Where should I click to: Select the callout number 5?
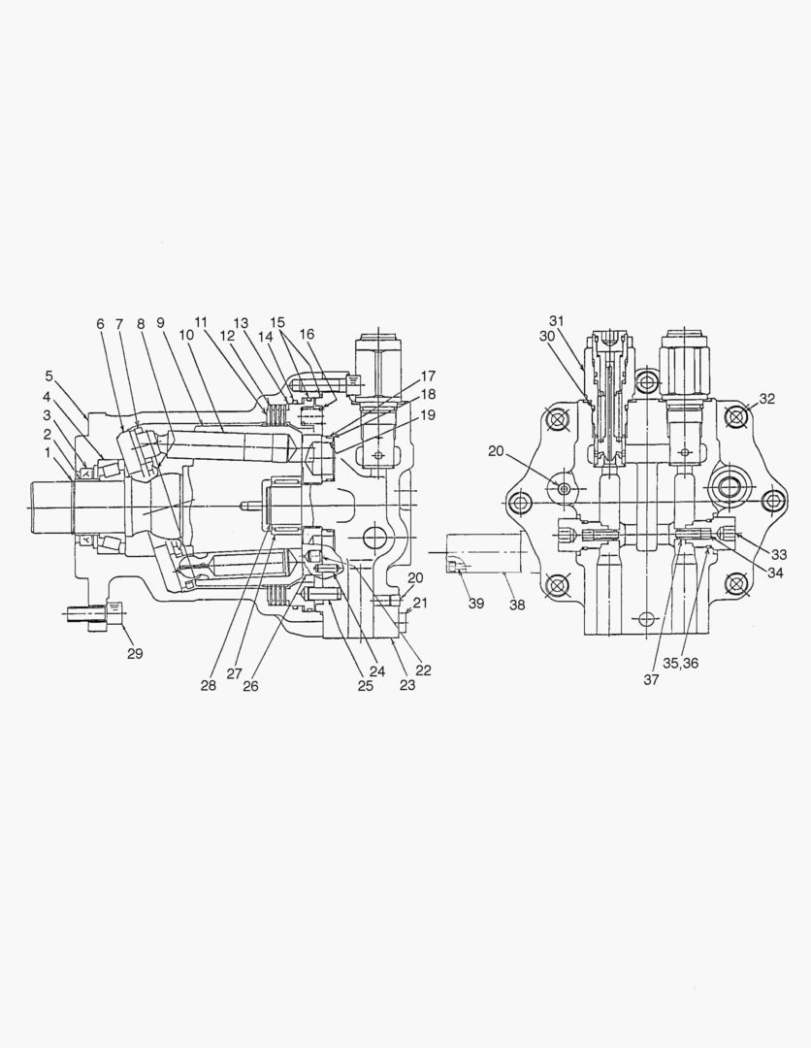click(x=49, y=376)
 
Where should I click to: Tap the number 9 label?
click(x=160, y=323)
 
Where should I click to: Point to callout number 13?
click(x=240, y=323)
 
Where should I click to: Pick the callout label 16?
click(x=307, y=334)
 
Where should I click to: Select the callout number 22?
click(x=423, y=670)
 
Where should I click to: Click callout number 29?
click(x=135, y=653)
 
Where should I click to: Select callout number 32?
click(x=766, y=399)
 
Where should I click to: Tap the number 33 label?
click(x=778, y=554)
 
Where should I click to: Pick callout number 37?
click(x=651, y=679)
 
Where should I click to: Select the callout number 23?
click(x=405, y=685)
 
